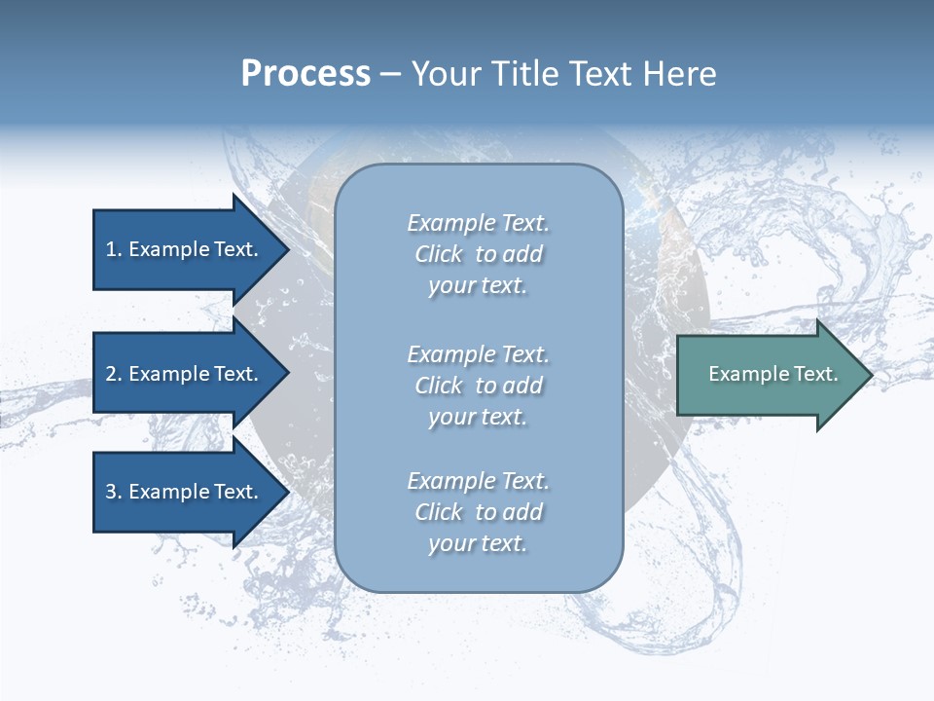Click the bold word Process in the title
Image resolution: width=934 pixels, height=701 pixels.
[305, 74]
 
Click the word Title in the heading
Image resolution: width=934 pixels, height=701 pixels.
[521, 74]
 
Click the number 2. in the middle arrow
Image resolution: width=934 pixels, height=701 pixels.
[114, 374]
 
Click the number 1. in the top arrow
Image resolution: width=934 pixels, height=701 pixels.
[113, 249]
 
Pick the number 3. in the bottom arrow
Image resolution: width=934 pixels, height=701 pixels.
[114, 492]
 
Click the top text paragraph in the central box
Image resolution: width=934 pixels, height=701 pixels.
[478, 254]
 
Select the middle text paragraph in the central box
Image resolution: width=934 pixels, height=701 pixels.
[478, 386]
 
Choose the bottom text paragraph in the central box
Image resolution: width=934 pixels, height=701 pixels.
[478, 512]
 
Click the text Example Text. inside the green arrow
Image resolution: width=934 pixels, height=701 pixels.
[772, 374]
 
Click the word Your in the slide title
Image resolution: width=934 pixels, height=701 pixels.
[447, 74]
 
